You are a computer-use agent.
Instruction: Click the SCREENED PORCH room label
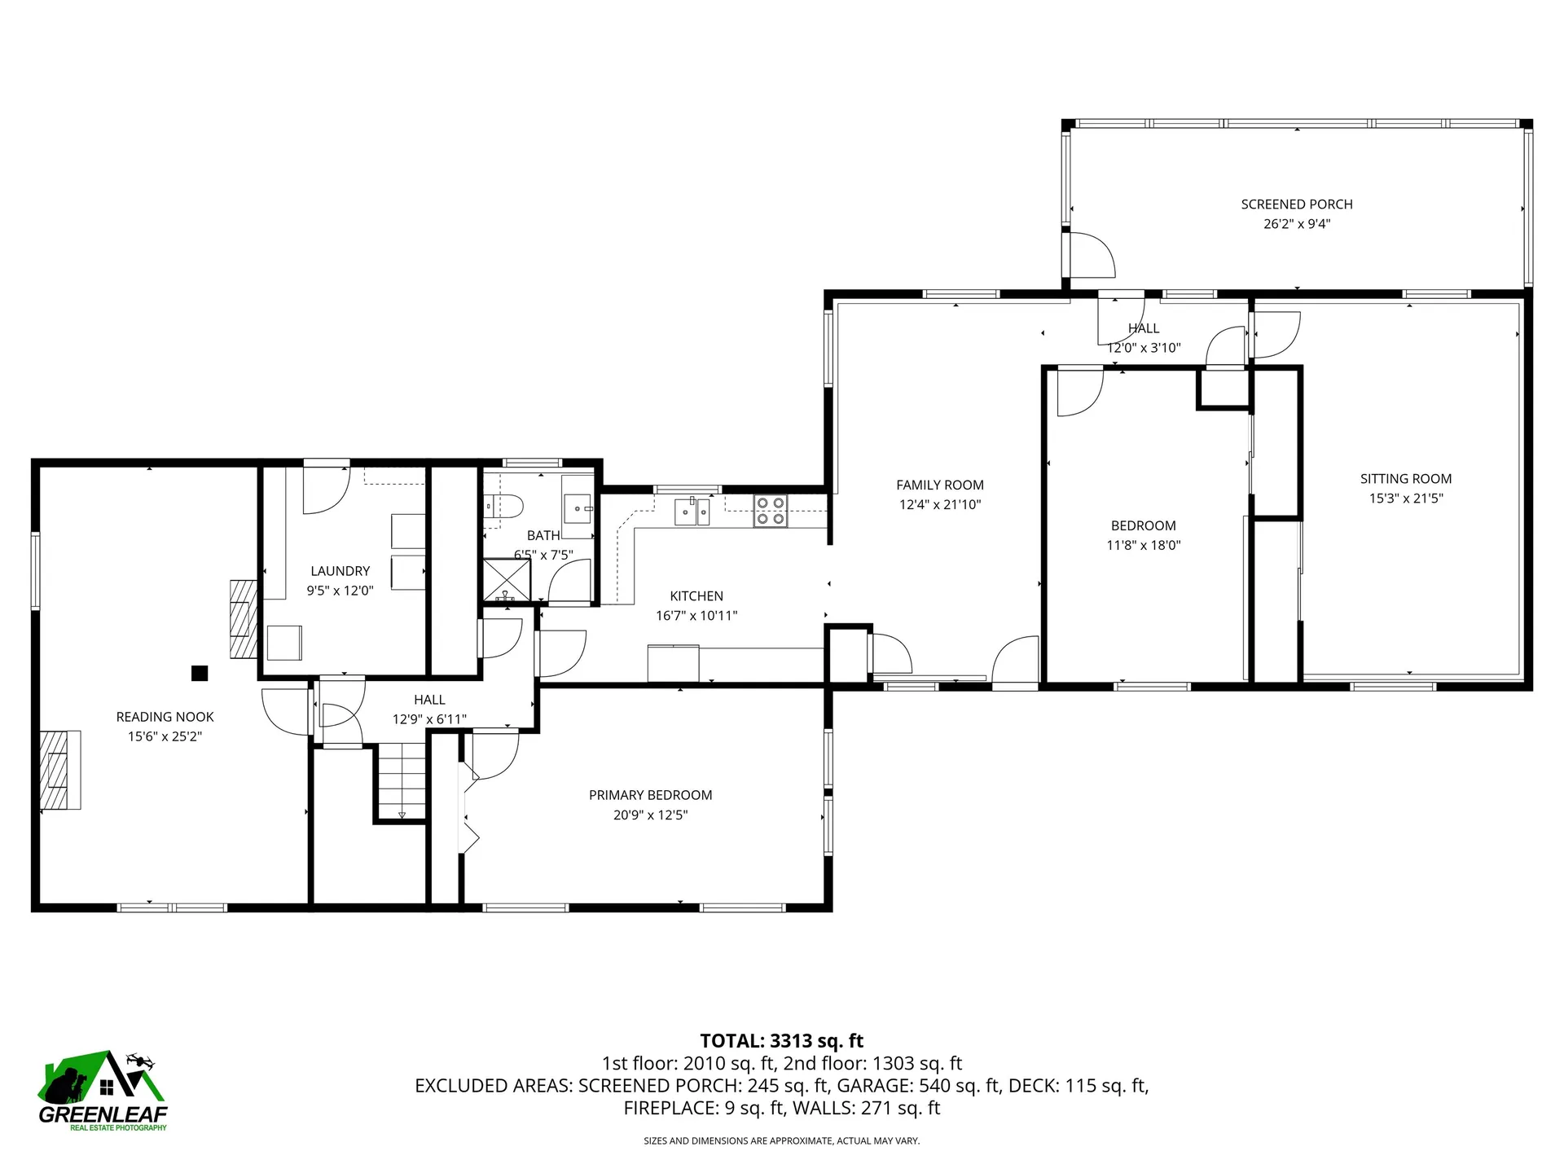(1297, 204)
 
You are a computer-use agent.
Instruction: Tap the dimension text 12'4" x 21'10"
(940, 504)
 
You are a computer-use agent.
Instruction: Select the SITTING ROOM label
(1406, 479)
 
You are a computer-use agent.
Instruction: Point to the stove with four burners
(771, 511)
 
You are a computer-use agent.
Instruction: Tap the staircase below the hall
(402, 782)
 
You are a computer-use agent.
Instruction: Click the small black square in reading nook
(200, 674)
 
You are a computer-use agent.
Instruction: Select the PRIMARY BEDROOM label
(650, 795)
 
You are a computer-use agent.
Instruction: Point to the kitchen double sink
(692, 512)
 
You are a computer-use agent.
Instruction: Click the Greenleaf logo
(103, 1090)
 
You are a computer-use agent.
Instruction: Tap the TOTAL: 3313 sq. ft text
(782, 1041)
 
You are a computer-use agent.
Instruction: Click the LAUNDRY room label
(340, 571)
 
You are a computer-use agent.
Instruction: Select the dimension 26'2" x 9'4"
(1297, 224)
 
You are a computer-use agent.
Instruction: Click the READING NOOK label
(165, 717)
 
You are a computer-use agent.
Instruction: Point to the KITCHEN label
(696, 596)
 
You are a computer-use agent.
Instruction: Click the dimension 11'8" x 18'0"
(1144, 546)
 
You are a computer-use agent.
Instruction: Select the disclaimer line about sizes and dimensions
(782, 1141)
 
